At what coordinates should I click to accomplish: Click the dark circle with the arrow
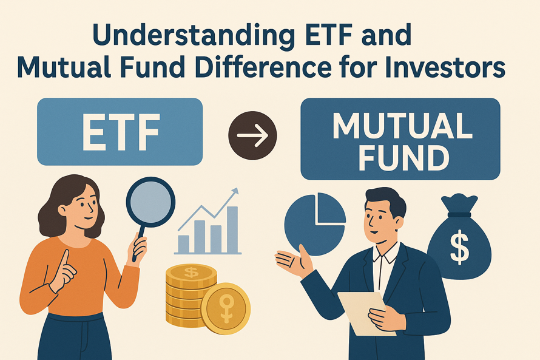coord(252,135)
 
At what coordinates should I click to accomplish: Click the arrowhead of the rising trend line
coord(235,192)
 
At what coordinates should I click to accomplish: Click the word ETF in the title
coord(319,37)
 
